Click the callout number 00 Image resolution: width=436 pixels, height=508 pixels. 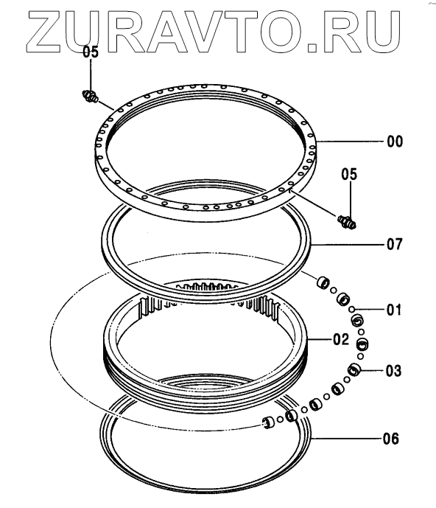pyautogui.click(x=395, y=142)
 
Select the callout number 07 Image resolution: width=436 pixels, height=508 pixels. pyautogui.click(x=395, y=244)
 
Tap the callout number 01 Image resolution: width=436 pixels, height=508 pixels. pyautogui.click(x=394, y=310)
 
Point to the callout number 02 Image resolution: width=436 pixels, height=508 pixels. pyautogui.click(x=341, y=339)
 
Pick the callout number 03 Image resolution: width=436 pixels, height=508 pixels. pyautogui.click(x=393, y=371)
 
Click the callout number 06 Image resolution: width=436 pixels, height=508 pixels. pyautogui.click(x=390, y=439)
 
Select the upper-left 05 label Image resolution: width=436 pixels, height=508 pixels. pyautogui.click(x=91, y=52)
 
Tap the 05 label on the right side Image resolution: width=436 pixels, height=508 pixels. pyautogui.click(x=349, y=174)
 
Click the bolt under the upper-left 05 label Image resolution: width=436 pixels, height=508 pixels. pyautogui.click(x=90, y=97)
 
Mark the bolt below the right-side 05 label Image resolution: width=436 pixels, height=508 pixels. pyautogui.click(x=347, y=222)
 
